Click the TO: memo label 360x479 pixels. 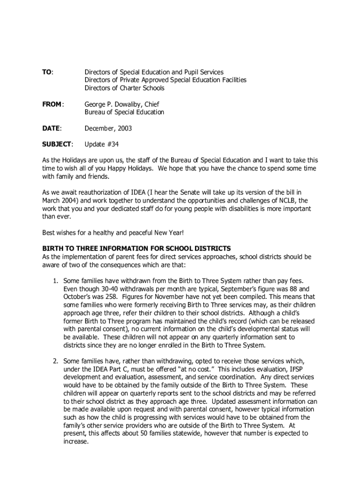tap(48, 72)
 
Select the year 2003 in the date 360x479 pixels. tap(125, 128)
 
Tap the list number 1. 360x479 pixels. tap(55, 280)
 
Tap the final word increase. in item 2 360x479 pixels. tap(76, 441)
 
